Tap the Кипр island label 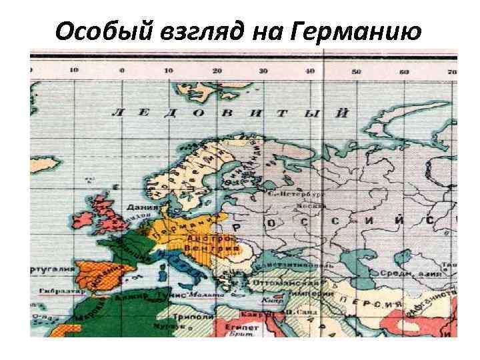(x=267, y=301)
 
